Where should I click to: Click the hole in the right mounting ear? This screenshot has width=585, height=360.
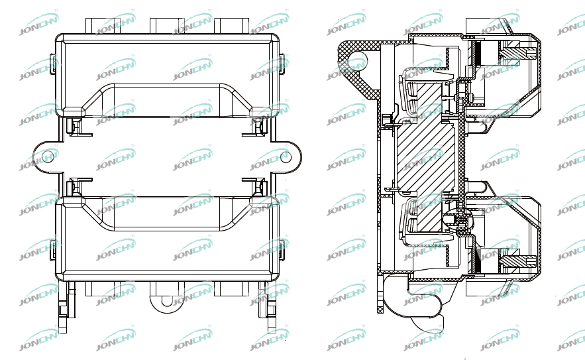[286, 157]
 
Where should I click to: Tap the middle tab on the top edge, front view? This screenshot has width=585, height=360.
[168, 25]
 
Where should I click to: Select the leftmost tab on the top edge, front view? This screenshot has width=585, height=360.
[103, 25]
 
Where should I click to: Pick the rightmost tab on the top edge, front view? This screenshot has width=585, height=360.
[231, 25]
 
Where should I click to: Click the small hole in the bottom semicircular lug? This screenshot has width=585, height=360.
[167, 301]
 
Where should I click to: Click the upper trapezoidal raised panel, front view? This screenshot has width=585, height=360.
[167, 99]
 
